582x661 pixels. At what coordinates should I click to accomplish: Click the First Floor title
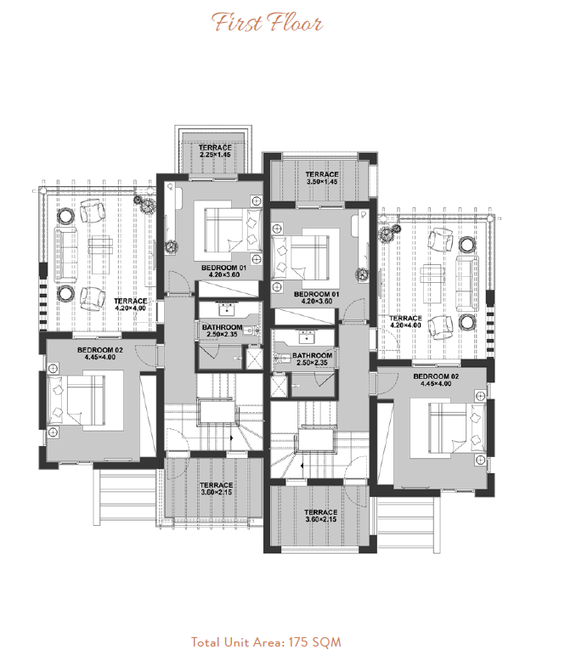(267, 23)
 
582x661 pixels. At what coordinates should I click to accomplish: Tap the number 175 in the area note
(299, 642)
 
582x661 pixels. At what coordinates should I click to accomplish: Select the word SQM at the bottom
(327, 642)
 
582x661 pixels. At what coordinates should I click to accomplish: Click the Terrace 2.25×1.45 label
(215, 151)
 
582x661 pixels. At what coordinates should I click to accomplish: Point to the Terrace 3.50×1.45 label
(322, 178)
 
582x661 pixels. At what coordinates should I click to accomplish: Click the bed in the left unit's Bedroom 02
(76, 400)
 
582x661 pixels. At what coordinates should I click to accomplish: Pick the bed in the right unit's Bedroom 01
(300, 257)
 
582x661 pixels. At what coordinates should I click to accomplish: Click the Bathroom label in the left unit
(222, 330)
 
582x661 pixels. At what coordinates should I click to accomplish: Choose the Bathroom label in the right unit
(313, 359)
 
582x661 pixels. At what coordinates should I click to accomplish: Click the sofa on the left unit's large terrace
(65, 255)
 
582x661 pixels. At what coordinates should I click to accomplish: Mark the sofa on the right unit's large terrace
(467, 283)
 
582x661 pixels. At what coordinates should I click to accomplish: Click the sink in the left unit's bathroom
(228, 309)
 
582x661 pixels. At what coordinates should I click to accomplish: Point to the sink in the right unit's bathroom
(306, 336)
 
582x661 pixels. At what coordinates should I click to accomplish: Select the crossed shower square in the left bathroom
(254, 358)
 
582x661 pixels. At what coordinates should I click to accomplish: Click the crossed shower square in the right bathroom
(280, 386)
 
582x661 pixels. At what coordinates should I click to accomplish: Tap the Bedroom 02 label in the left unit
(100, 353)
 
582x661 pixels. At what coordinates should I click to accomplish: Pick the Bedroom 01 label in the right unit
(317, 297)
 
